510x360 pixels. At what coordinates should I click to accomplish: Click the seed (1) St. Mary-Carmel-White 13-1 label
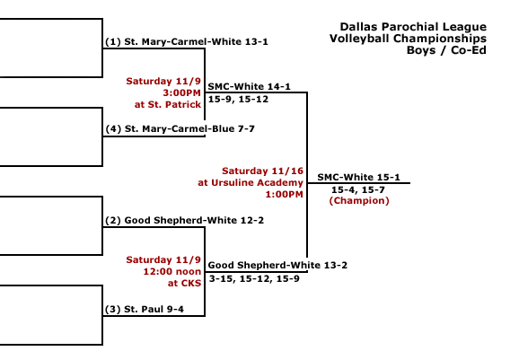(187, 41)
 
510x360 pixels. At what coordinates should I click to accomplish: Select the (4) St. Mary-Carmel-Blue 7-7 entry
(180, 128)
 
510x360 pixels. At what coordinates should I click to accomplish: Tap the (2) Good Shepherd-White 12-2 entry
(184, 221)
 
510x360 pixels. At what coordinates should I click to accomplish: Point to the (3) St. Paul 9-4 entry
(145, 309)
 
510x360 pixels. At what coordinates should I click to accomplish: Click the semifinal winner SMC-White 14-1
(249, 86)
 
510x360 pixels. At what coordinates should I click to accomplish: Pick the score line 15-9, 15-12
(239, 99)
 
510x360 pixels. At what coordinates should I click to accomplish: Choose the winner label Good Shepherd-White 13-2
(277, 265)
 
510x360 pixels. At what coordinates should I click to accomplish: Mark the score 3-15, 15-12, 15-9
(254, 278)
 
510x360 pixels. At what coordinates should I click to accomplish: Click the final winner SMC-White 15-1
(359, 177)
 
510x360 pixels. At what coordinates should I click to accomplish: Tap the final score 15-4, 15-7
(358, 189)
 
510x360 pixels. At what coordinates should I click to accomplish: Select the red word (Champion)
(359, 201)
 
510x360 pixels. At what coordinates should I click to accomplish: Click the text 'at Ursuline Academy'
(251, 183)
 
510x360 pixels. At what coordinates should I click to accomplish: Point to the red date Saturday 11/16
(262, 171)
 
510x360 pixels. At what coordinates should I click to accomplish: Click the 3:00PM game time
(181, 93)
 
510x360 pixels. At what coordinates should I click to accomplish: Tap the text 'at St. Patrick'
(168, 104)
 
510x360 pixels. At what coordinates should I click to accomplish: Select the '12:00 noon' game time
(172, 271)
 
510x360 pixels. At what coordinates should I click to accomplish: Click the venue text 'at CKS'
(184, 284)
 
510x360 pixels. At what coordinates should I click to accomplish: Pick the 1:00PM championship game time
(285, 195)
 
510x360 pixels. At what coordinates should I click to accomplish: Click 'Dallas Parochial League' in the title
(413, 27)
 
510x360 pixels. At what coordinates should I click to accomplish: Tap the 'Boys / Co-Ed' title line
(446, 50)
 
